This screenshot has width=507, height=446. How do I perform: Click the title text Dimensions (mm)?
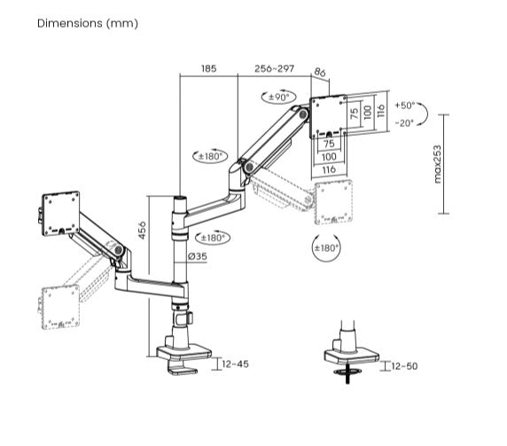tap(87, 23)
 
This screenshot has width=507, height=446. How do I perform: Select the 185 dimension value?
tap(208, 67)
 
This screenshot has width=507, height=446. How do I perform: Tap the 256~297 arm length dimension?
tap(274, 67)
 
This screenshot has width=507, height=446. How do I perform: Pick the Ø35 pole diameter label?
tap(197, 257)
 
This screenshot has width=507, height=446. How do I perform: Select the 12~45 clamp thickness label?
tap(236, 364)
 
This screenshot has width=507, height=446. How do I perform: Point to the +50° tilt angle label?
tap(405, 106)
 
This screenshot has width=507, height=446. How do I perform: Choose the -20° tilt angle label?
tap(405, 123)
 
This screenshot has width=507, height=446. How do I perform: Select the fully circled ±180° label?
tap(326, 248)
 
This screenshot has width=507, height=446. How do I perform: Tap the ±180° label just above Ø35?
tap(214, 237)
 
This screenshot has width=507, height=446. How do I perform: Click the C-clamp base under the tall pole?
tap(184, 356)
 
